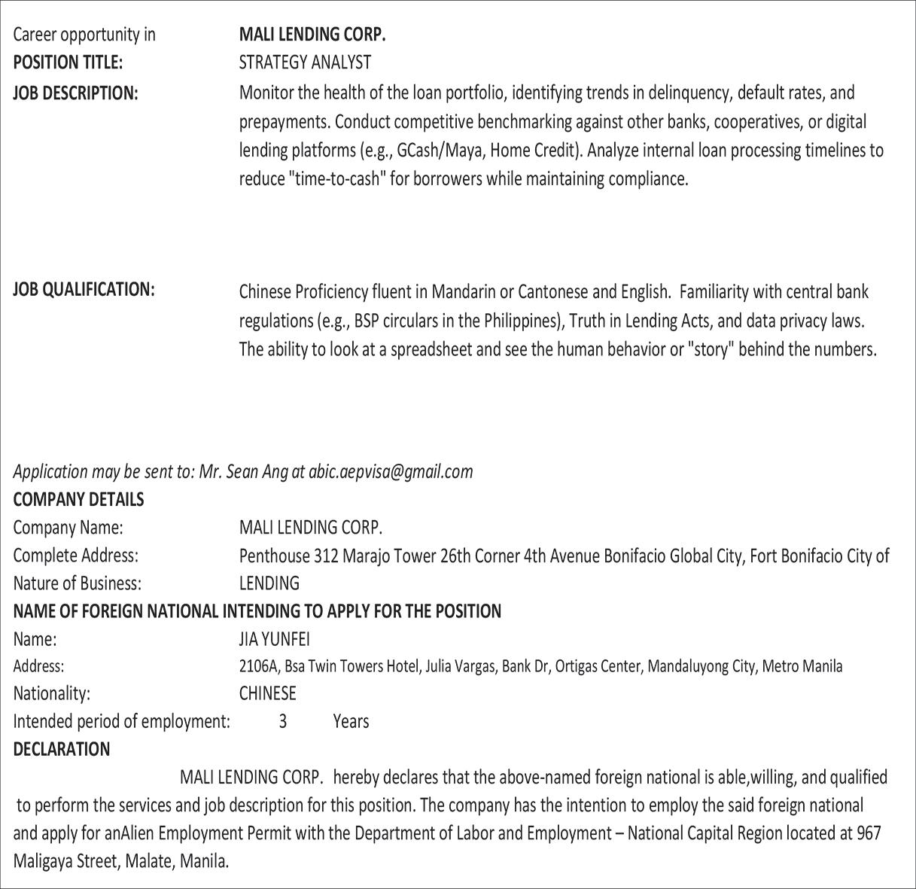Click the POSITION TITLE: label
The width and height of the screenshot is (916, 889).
tap(68, 62)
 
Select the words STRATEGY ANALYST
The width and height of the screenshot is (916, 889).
tap(305, 62)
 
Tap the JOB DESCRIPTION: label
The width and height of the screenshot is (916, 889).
tap(75, 93)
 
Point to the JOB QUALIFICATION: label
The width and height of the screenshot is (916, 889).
tap(84, 290)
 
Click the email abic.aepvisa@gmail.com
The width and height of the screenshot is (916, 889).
tap(391, 472)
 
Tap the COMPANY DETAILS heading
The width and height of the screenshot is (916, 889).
tap(78, 500)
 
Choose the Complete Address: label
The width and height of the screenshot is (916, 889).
tap(75, 556)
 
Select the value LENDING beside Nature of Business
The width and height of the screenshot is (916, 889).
tap(269, 583)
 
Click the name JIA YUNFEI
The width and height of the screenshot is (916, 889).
tap(274, 640)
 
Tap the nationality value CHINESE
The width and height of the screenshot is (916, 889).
tap(267, 693)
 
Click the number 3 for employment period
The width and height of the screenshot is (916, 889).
tap(283, 722)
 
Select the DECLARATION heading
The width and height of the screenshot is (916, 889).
tap(62, 750)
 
